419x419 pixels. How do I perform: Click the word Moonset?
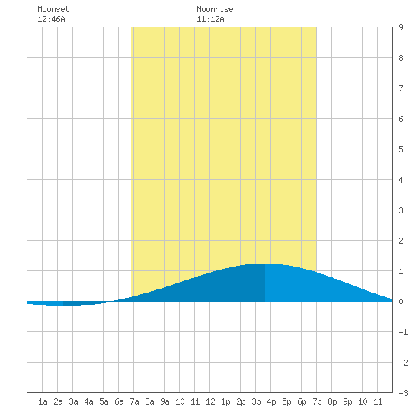click(x=53, y=9)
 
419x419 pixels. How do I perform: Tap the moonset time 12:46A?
click(x=51, y=19)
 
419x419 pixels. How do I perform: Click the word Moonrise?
click(x=215, y=9)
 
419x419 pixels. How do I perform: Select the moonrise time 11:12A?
click(x=210, y=19)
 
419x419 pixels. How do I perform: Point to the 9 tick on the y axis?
click(x=401, y=27)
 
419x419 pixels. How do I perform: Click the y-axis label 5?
click(x=401, y=149)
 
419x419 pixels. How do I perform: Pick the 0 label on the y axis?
click(x=401, y=302)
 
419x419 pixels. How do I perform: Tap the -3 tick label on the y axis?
click(x=403, y=393)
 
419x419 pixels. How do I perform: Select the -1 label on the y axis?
click(x=403, y=332)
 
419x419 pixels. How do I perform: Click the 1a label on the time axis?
click(x=43, y=401)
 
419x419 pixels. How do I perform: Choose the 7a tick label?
click(x=134, y=401)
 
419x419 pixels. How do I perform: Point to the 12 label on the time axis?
click(x=210, y=401)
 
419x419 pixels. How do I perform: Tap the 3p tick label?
click(x=256, y=401)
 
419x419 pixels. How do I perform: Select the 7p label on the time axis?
click(x=317, y=401)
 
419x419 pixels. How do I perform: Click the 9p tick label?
click(x=347, y=401)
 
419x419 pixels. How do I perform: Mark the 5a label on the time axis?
click(x=104, y=401)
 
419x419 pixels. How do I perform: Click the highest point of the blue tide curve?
click(x=265, y=264)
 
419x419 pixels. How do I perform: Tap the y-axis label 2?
click(x=401, y=241)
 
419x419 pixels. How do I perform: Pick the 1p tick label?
click(x=225, y=401)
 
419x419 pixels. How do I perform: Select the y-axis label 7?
click(x=401, y=88)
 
